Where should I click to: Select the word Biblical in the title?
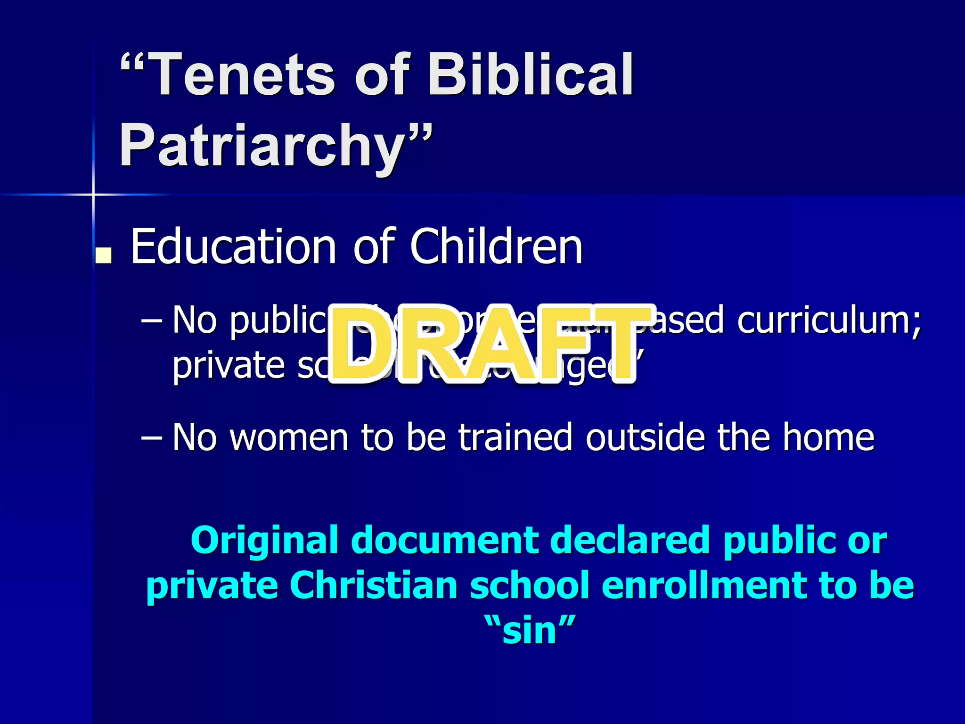531,75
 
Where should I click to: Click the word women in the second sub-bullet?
289,437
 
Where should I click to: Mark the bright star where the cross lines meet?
93,194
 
